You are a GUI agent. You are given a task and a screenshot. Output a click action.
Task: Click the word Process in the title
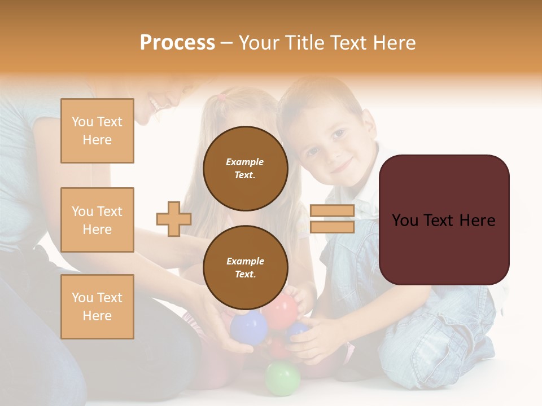tap(177, 43)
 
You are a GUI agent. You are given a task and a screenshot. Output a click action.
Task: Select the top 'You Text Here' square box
tap(97, 131)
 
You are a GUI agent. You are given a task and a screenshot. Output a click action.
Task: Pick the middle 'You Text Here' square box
tap(97, 220)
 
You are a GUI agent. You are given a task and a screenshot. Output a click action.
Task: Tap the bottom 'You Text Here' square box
tap(97, 307)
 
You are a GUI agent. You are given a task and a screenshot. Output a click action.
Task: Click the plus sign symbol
tap(174, 219)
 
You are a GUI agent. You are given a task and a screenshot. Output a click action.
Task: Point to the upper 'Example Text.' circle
tap(245, 169)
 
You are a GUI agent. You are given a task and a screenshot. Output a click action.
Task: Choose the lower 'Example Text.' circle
tap(245, 268)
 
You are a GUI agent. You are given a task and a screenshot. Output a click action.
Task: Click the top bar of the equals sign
tap(332, 210)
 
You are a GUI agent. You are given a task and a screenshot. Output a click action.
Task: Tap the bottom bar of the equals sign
tap(332, 227)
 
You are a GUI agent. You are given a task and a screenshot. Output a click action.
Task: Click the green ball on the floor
tap(283, 378)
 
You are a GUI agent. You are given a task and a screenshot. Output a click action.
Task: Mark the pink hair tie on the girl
tap(222, 96)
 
